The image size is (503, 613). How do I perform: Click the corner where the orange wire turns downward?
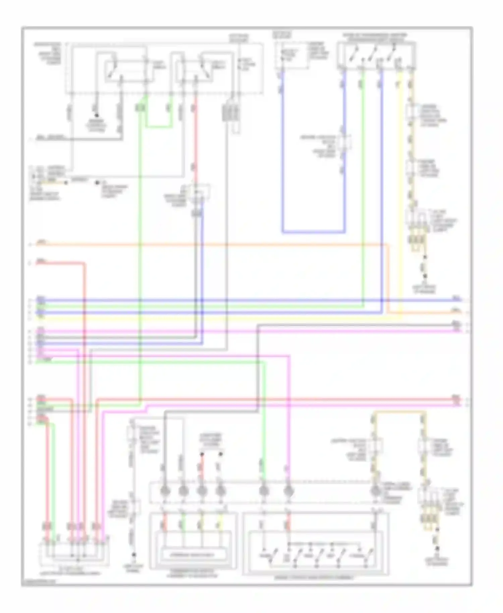point(388,245)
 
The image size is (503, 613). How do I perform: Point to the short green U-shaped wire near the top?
point(159,127)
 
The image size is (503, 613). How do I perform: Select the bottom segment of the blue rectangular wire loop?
point(313,232)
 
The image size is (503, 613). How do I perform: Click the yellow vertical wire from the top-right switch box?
point(399,188)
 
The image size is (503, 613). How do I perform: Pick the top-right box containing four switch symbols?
point(376,56)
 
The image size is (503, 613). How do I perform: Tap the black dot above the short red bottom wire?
point(202,454)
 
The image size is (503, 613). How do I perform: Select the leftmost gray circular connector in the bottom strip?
point(165,492)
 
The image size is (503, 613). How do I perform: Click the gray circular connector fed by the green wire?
point(264,492)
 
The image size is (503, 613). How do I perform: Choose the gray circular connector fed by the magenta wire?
point(289,492)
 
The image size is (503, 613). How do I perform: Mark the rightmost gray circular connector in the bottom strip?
point(376,492)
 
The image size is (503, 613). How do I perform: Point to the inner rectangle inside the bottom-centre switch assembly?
point(193,555)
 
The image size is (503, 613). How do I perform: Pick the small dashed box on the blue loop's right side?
point(345,143)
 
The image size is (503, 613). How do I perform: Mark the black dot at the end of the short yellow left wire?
point(66,183)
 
